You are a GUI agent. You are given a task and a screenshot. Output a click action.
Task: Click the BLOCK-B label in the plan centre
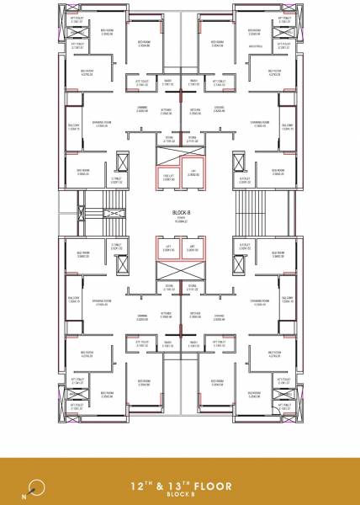[x=179, y=214]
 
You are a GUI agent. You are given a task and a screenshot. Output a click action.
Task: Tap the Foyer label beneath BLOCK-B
[x=179, y=221]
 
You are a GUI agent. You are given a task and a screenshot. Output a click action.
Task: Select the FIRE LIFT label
[x=167, y=174]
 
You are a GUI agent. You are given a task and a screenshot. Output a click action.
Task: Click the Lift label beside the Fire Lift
[x=193, y=172]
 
